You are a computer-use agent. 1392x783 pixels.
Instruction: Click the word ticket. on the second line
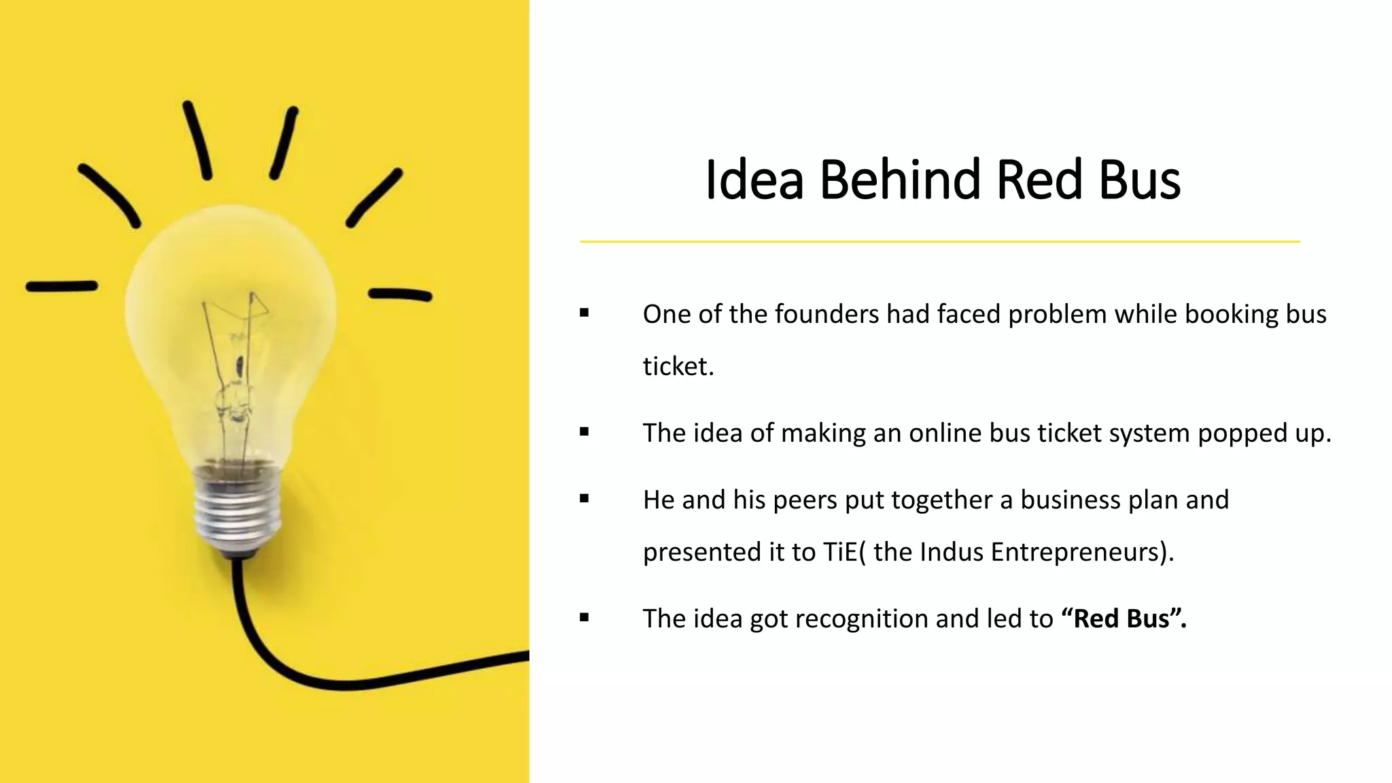point(678,366)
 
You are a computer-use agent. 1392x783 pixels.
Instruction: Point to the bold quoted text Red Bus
point(1123,619)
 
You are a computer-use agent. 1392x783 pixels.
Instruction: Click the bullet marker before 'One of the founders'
point(585,313)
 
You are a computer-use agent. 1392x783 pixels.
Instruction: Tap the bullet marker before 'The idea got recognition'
point(585,618)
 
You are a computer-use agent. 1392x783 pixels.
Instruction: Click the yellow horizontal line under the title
point(939,241)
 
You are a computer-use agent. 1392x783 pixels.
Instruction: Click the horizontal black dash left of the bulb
point(62,286)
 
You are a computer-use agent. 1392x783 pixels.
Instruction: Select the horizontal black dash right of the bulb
point(400,294)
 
